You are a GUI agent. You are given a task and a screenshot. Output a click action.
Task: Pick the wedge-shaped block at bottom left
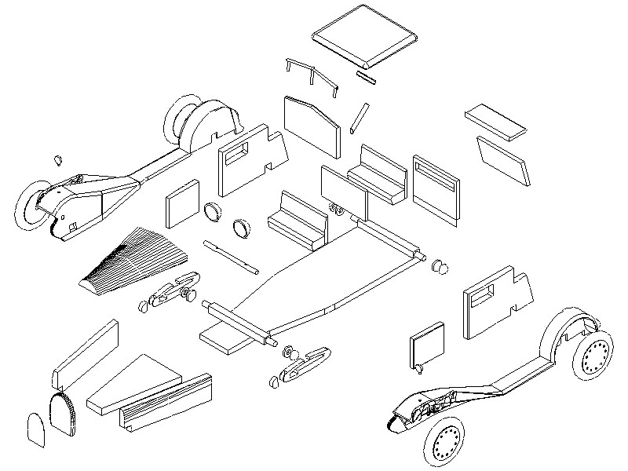tap(133, 385)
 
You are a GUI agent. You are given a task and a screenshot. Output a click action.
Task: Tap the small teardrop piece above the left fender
tap(57, 159)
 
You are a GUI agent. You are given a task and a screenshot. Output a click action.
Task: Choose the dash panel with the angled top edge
tap(311, 125)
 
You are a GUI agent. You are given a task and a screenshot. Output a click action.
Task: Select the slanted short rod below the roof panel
tap(359, 116)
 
